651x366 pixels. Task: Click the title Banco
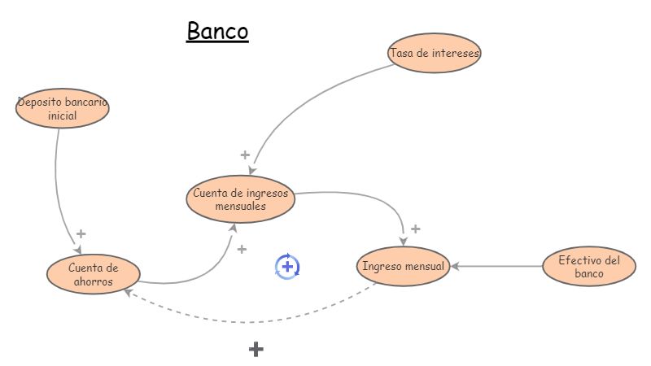point(217,31)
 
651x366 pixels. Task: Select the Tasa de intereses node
point(435,53)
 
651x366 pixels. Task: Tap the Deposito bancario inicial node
point(63,110)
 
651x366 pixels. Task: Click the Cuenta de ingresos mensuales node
point(240,199)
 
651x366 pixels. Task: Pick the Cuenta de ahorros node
point(93,274)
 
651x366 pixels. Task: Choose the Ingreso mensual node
point(404,266)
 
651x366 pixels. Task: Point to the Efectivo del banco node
point(589,267)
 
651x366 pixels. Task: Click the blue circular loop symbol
point(287,266)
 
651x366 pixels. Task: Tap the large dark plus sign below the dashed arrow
point(256,350)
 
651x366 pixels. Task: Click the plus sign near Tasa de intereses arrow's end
point(245,155)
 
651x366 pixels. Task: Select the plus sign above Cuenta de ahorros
point(81,234)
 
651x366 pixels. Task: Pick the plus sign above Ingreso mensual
point(415,229)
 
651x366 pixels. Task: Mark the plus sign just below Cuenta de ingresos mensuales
point(242,249)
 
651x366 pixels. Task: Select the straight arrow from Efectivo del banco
point(496,266)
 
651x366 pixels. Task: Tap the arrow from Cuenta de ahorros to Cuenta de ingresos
point(203,272)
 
